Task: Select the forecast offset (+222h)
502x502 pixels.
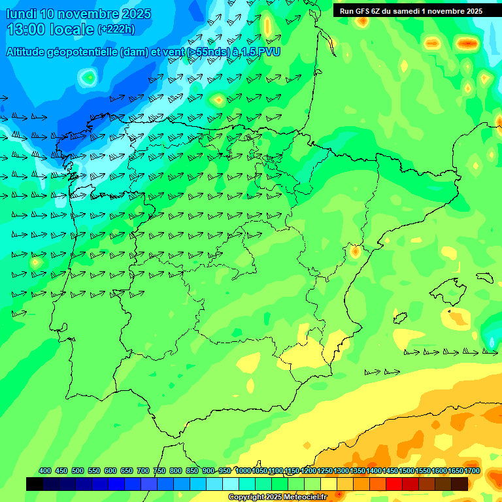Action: coord(116,29)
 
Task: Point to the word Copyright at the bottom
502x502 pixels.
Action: coord(248,497)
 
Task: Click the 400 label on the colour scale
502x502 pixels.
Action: coord(45,471)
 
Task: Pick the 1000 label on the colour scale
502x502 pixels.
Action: coord(243,471)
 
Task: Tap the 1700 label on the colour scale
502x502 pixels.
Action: coord(455,471)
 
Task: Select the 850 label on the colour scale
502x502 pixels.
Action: coord(192,471)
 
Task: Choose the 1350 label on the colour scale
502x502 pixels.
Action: coord(358,471)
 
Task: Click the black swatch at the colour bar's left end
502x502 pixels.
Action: coord(35,484)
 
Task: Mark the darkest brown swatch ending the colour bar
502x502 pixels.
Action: coord(460,484)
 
